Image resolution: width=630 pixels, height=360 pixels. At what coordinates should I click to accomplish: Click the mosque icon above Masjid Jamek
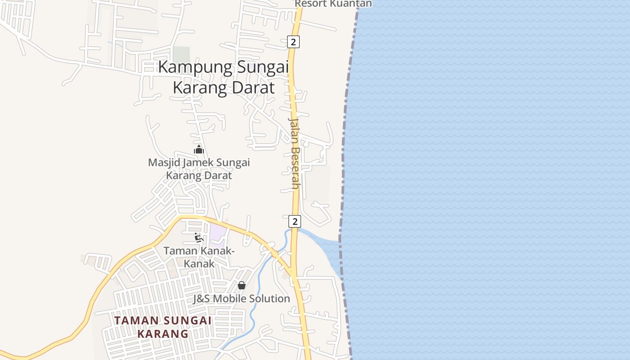(x=199, y=149)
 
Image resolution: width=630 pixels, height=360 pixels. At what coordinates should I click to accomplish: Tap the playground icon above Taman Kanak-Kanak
(x=198, y=237)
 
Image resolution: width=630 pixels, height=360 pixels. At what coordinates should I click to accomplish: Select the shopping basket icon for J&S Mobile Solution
(x=242, y=285)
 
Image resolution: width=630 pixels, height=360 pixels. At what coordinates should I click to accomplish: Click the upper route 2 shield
(x=293, y=42)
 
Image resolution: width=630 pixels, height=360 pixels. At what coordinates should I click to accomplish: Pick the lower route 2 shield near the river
(x=295, y=221)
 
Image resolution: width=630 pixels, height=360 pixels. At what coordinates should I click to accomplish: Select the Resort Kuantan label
(x=333, y=4)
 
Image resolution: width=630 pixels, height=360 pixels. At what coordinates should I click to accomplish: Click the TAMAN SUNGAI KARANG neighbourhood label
(x=163, y=327)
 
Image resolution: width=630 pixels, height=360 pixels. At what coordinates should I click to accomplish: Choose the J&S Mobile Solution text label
(x=242, y=299)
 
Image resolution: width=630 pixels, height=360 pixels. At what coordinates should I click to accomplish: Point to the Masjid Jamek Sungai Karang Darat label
(x=199, y=169)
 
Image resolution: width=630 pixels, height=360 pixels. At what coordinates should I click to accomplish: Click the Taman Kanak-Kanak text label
(x=199, y=257)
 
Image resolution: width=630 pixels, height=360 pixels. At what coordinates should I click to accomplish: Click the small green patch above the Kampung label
(x=181, y=54)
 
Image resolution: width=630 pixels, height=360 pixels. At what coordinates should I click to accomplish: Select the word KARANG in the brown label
(x=163, y=334)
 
